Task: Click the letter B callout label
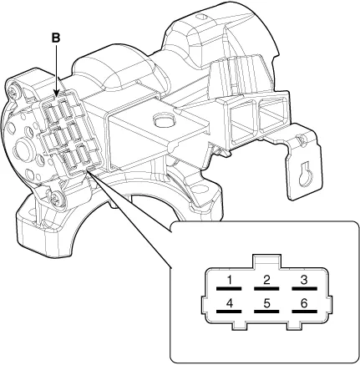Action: (x=56, y=38)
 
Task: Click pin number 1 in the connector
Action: (x=230, y=280)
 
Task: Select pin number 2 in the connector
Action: (x=266, y=280)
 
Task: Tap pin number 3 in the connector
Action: (x=304, y=280)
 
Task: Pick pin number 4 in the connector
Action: (x=229, y=303)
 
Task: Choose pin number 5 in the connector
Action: (x=266, y=303)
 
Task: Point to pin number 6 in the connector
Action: (x=304, y=303)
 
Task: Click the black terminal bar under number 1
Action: (x=229, y=288)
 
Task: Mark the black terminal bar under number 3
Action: (x=304, y=288)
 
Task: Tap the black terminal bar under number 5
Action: (x=266, y=312)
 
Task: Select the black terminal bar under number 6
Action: (x=304, y=312)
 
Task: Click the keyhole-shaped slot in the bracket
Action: (x=305, y=174)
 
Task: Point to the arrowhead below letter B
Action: (x=56, y=94)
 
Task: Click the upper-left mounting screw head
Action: (x=14, y=93)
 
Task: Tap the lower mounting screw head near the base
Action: (x=54, y=197)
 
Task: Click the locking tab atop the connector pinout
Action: (x=266, y=261)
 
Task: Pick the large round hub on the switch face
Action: (x=23, y=148)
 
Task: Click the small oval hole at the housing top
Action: (x=201, y=17)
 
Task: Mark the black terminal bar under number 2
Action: (x=266, y=288)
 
